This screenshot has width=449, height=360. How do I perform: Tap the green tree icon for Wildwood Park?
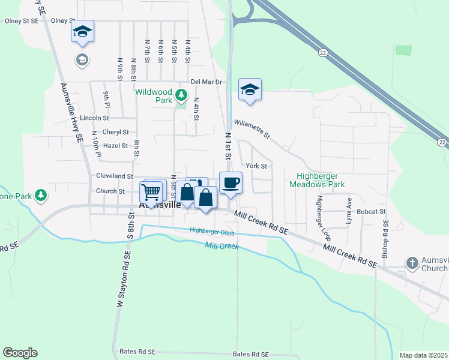(x=180, y=94)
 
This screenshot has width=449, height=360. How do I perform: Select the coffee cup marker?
(x=230, y=183)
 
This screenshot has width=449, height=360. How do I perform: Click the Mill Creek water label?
(x=221, y=246)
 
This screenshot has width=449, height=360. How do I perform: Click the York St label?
(x=256, y=165)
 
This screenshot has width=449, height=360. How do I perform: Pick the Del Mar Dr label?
(x=206, y=82)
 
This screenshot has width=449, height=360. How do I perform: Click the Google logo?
(x=20, y=353)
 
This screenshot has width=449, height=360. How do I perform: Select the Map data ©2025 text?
(x=423, y=355)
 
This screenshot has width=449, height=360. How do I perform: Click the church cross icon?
(x=412, y=263)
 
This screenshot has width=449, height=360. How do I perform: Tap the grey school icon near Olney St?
(x=82, y=59)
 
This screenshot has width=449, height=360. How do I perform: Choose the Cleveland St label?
(x=114, y=176)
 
